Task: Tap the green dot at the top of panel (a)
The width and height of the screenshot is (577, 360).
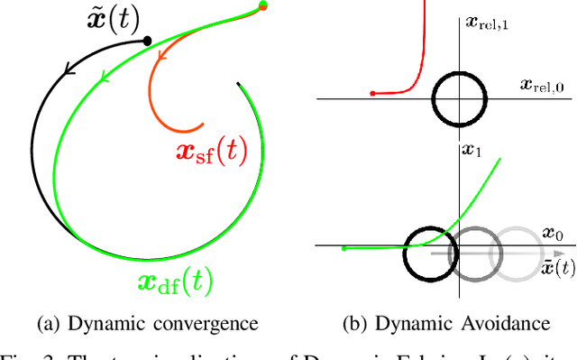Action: pyautogui.click(x=262, y=6)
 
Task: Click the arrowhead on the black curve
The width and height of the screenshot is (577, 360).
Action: pyautogui.click(x=68, y=66)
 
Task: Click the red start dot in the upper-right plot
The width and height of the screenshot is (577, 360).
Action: pyautogui.click(x=371, y=93)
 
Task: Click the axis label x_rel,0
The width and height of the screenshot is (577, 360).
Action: pyautogui.click(x=544, y=85)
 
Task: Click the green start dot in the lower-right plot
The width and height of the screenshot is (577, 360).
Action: pyautogui.click(x=344, y=247)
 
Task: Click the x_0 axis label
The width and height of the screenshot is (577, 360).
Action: pyautogui.click(x=553, y=235)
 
